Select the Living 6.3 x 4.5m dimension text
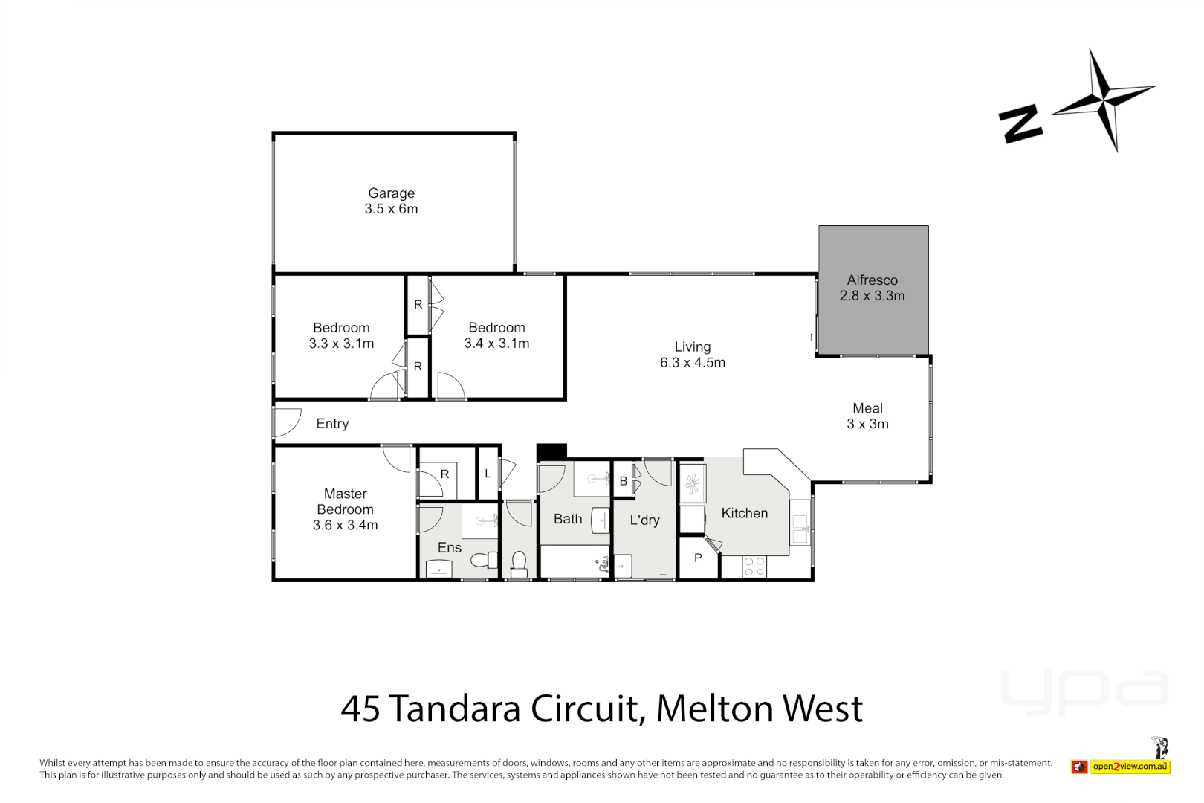[692, 363]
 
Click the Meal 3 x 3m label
[867, 416]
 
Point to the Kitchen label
[744, 513]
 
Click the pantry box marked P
[698, 558]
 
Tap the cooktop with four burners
[754, 567]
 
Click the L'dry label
[644, 520]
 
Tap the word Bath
[568, 519]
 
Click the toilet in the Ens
[485, 559]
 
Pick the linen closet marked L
[488, 474]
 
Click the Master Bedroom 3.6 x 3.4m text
[345, 509]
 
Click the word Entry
[332, 424]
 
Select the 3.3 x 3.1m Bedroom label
[341, 335]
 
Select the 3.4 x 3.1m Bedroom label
[496, 335]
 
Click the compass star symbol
[1104, 99]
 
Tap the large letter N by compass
[1020, 123]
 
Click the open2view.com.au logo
[1130, 766]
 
